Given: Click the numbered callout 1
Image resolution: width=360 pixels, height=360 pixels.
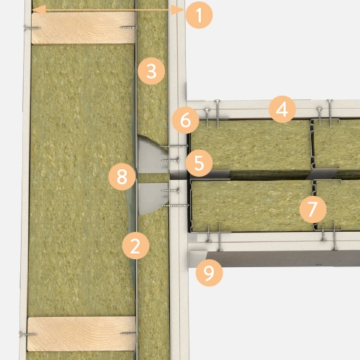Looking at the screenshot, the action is (199, 15).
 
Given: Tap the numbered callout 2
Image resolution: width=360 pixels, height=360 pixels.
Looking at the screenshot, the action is (135, 246).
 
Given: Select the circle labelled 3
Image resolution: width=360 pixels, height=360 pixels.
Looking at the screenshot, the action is (151, 71).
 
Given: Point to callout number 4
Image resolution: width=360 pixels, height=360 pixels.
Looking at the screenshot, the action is (282, 109).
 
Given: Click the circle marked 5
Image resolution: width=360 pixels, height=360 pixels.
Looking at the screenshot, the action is (199, 163).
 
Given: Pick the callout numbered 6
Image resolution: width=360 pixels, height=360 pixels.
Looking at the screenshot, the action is (186, 120).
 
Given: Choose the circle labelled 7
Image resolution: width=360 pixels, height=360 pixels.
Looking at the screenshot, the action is (312, 210).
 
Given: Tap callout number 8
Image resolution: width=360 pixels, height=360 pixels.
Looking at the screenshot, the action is (122, 177).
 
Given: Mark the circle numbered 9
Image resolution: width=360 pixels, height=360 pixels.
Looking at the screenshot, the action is (209, 273).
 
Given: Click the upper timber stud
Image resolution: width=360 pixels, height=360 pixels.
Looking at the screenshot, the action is (83, 28).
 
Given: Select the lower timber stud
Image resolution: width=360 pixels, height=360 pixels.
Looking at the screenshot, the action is (81, 334).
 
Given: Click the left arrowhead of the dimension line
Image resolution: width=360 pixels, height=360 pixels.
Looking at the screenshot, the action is (38, 10).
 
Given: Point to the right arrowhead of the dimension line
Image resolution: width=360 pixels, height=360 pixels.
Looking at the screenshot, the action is (178, 10).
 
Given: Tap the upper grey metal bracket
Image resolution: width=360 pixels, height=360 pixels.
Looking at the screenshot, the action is (152, 155).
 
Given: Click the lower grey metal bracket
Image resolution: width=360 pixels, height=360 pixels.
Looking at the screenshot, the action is (153, 198).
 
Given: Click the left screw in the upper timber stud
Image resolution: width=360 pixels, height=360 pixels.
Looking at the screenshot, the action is (32, 27).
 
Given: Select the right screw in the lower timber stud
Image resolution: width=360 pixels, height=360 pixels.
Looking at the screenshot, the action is (128, 333).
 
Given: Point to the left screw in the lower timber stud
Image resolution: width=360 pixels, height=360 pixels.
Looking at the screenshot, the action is (28, 334).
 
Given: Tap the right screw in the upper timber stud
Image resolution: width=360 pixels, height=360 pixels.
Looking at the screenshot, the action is (127, 27).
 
